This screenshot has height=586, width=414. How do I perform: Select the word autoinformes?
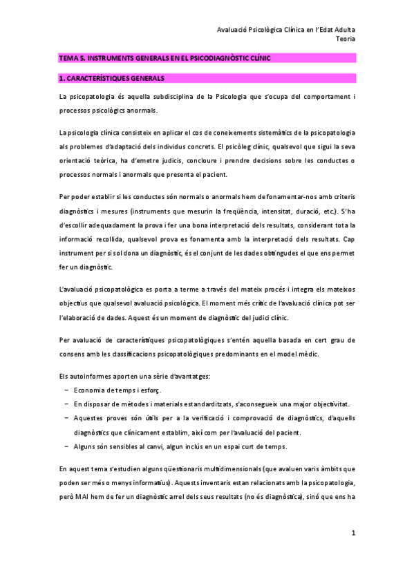point(90,375)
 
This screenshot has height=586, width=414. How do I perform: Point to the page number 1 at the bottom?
point(353,533)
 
